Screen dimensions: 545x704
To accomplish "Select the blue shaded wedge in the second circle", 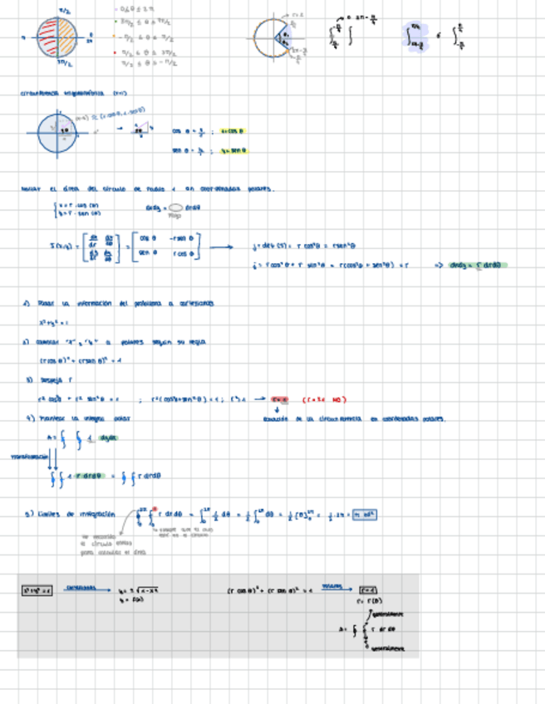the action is [284, 37].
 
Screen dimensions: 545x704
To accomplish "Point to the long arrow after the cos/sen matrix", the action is [222, 247].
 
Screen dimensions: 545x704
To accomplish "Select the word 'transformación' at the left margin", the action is [26, 456].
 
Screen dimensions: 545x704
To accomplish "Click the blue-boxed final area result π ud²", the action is [366, 515].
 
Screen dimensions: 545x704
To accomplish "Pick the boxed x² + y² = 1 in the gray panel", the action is [37, 590].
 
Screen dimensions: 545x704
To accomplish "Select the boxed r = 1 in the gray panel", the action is [369, 590].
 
